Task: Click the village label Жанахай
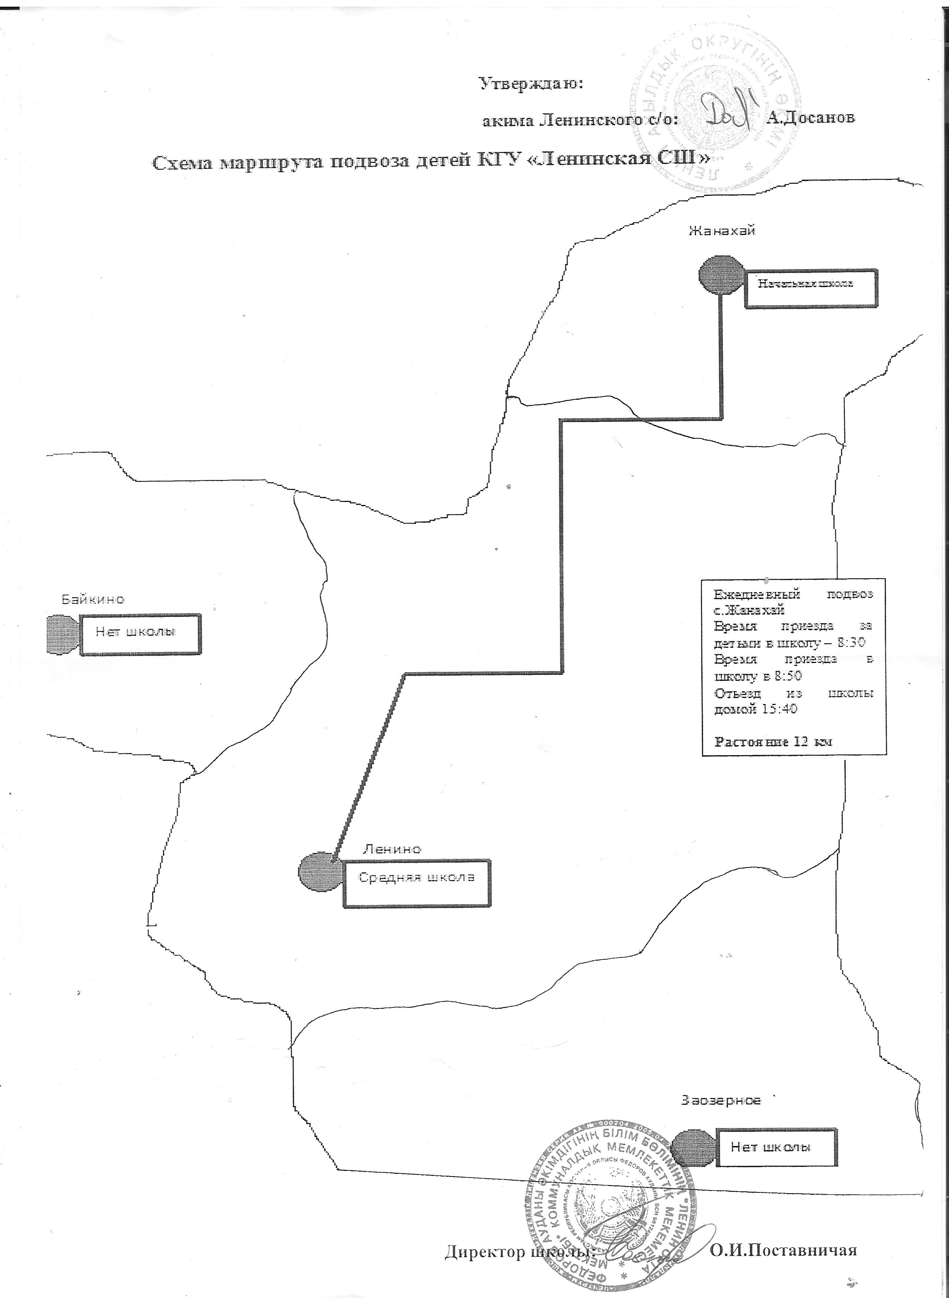[x=721, y=231]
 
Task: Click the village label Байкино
[x=93, y=599]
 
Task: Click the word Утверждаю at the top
[x=531, y=84]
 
